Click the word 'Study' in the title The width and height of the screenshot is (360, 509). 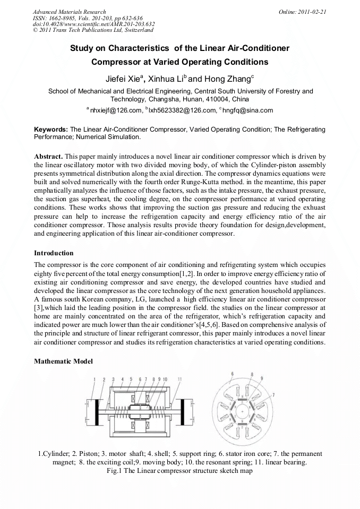[x=82, y=48]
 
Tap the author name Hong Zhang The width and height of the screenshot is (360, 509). [x=221, y=79]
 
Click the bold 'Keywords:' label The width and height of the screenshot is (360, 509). [x=51, y=129]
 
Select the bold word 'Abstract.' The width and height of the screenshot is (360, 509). [x=49, y=157]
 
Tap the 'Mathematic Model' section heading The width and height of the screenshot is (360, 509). [x=63, y=361]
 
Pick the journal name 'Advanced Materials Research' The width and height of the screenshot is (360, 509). [x=69, y=12]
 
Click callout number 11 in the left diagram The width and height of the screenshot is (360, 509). [x=180, y=379]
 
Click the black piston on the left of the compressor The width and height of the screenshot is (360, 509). [x=98, y=412]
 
